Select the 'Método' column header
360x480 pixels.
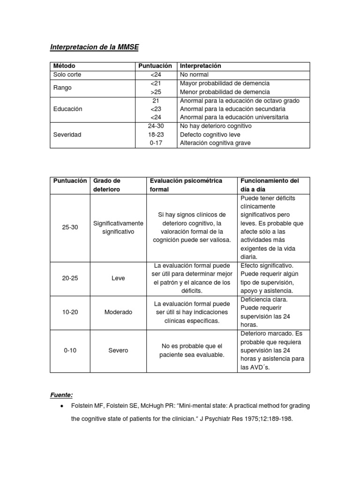click(x=64, y=66)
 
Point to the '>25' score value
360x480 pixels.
click(x=156, y=92)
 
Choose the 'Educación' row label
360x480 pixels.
click(x=68, y=109)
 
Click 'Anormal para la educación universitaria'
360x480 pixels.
click(x=234, y=117)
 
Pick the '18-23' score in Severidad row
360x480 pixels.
click(x=156, y=135)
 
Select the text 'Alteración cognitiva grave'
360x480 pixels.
click(x=215, y=143)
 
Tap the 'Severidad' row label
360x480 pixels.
click(x=67, y=135)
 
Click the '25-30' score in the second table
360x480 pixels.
click(x=70, y=227)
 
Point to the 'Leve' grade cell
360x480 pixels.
click(x=118, y=278)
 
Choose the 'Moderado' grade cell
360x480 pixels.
click(x=118, y=312)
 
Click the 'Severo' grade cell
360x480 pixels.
click(x=118, y=351)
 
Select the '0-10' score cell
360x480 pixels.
click(x=70, y=351)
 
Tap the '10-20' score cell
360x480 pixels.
click(x=70, y=312)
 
